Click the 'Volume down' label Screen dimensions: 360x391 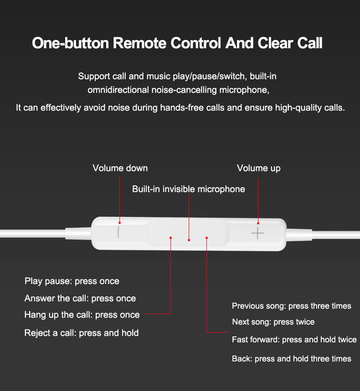pos(120,168)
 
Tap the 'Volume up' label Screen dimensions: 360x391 pos(259,168)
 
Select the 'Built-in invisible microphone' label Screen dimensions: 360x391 pos(189,189)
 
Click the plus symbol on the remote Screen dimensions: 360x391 pos(257,233)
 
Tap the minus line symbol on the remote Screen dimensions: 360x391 pos(118,232)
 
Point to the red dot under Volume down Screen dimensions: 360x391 pos(119,223)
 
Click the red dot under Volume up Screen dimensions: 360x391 pos(258,223)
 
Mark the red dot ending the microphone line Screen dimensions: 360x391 pos(189,240)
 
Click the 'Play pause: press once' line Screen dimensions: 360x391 pos(72,281)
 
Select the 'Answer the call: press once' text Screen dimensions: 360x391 pos(80,298)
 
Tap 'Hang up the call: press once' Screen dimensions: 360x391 pos(82,315)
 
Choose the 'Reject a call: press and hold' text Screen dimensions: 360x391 pos(82,333)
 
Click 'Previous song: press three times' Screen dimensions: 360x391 pos(292,306)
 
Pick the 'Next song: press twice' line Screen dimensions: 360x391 pos(273,322)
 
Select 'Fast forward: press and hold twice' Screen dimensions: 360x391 pos(294,340)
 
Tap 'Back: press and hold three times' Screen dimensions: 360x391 pos(292,359)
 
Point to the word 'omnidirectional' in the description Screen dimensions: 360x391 pos(118,90)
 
